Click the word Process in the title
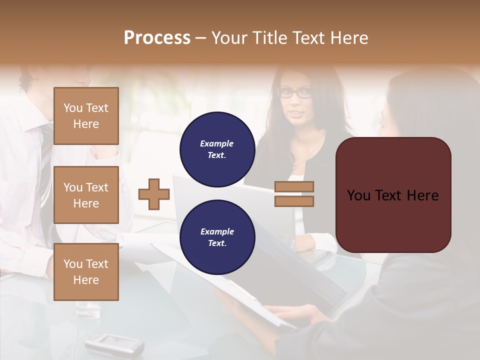click(x=157, y=38)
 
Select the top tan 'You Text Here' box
click(x=86, y=116)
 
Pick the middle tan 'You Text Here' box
click(x=86, y=195)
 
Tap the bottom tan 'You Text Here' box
click(x=86, y=272)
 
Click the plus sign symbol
click(x=154, y=194)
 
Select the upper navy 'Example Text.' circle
click(x=217, y=149)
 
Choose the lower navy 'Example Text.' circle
click(x=217, y=237)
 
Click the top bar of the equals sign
click(x=294, y=187)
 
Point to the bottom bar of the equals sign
click(x=294, y=201)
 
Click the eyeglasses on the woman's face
click(x=295, y=92)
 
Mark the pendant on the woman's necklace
click(x=294, y=164)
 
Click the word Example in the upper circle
click(x=216, y=143)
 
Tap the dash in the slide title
click(x=201, y=38)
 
